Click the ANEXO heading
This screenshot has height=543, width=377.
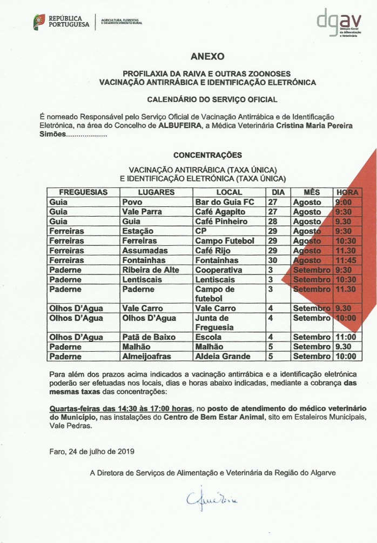click(x=207, y=56)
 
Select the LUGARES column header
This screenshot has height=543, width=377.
click(x=156, y=192)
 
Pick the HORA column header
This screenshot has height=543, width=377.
click(x=347, y=192)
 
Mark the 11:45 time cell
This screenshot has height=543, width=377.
click(x=346, y=260)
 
